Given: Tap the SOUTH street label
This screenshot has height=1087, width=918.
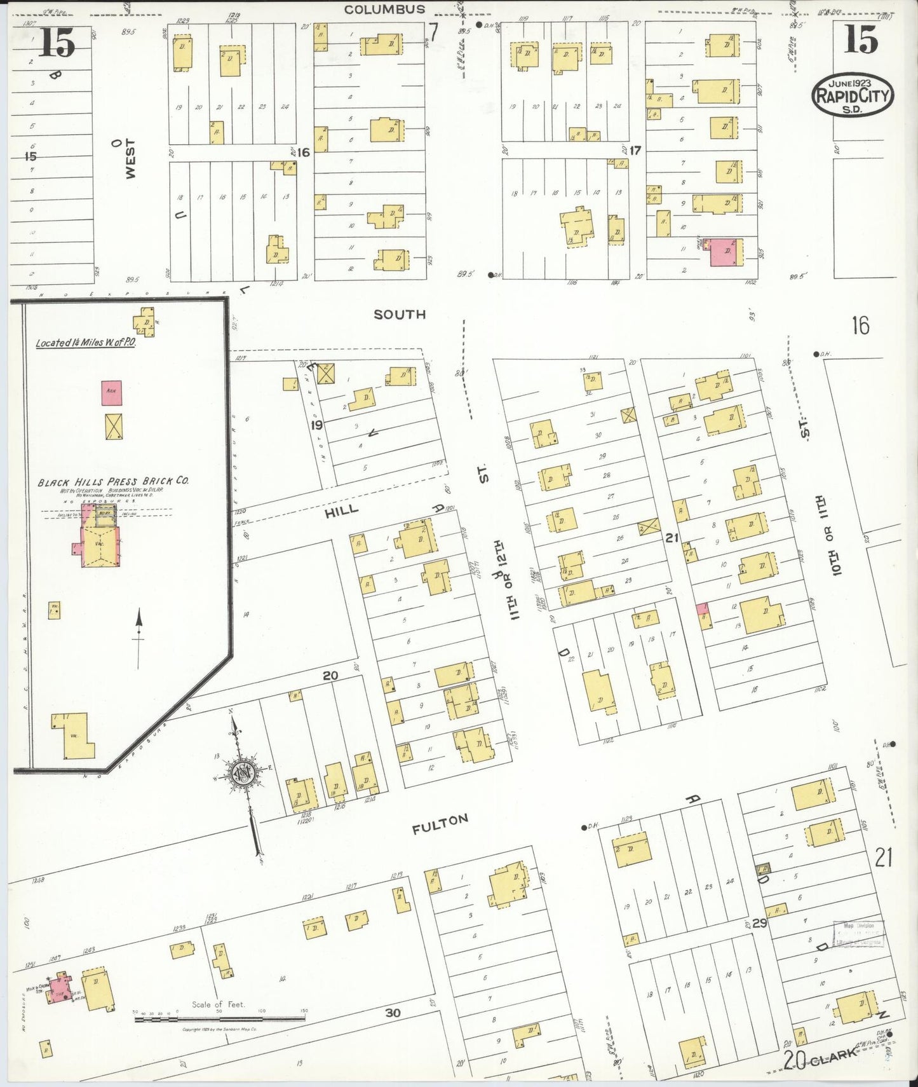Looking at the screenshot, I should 400,315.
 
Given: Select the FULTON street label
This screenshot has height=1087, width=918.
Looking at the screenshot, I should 440,824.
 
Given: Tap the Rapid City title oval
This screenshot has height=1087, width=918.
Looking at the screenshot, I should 853,95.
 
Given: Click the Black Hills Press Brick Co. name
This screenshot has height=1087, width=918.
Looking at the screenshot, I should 113,481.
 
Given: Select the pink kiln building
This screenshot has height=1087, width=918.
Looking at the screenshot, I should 112,393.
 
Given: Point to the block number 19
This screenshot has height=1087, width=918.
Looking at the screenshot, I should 316,425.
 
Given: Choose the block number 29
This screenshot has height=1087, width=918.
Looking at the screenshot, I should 760,923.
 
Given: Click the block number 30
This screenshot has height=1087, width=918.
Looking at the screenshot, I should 393,1013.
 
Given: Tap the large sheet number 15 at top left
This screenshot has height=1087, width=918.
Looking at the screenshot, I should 57,43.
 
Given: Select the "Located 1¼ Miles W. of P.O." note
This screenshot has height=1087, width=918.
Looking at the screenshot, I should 85,343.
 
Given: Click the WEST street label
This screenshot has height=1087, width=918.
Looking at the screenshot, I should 130,159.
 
